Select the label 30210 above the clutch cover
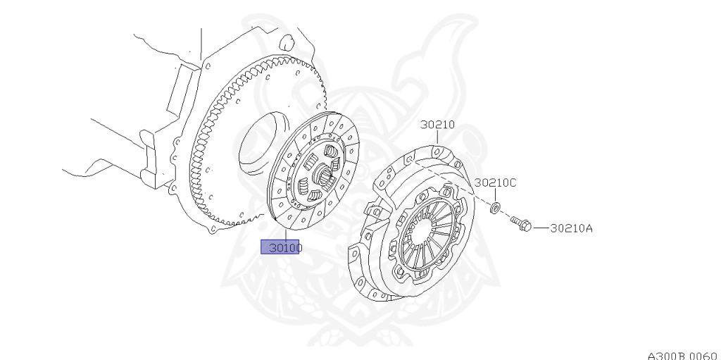[437, 125]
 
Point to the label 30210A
[571, 228]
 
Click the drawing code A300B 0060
[681, 354]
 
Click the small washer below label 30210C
[495, 207]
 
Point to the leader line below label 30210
[437, 139]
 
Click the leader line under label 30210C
[495, 195]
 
